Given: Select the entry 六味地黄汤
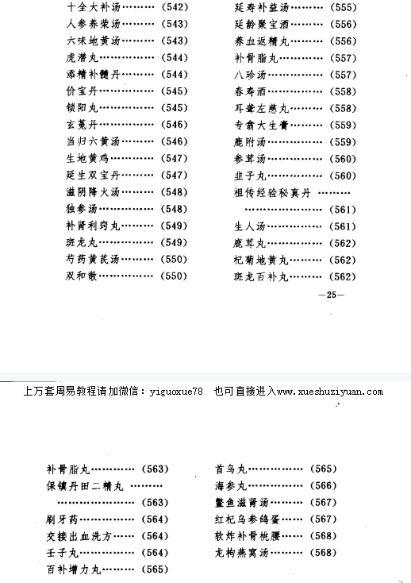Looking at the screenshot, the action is pyautogui.click(x=89, y=41).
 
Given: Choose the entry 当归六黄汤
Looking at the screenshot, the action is pyautogui.click(x=89, y=140).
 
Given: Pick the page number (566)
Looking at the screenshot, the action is pyautogui.click(x=323, y=485).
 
